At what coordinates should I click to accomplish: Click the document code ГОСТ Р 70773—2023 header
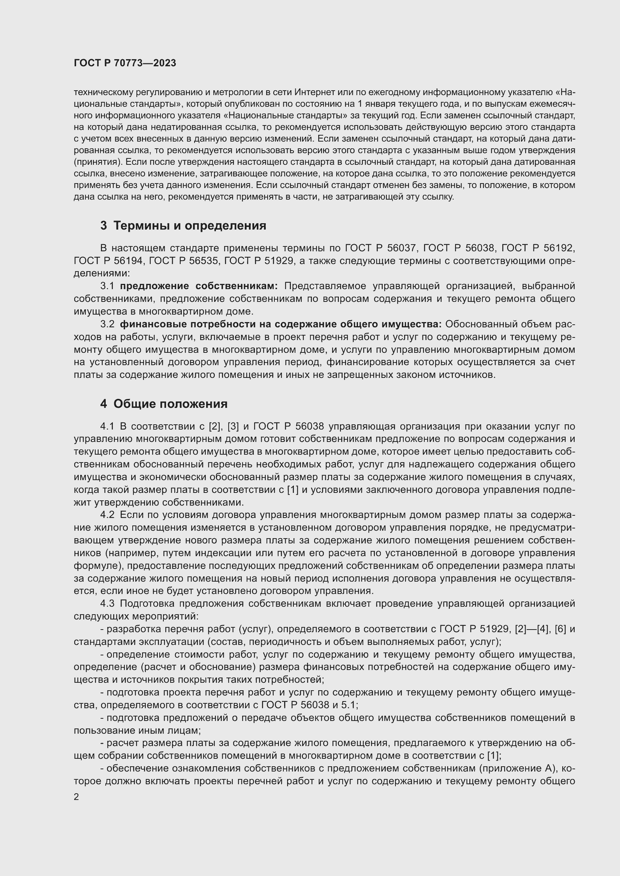[x=125, y=63]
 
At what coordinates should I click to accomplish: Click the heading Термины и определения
[x=190, y=225]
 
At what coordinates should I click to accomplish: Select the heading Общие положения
[x=170, y=404]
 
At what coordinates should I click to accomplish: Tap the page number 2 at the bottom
[x=76, y=797]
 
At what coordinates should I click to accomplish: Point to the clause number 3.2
[x=107, y=324]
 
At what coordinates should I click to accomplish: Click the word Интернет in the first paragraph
[x=315, y=92]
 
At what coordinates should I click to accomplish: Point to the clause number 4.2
[x=107, y=515]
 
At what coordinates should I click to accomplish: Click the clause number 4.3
[x=107, y=603]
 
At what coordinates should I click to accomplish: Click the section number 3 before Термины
[x=103, y=225]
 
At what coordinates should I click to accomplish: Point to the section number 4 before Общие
[x=103, y=404]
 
